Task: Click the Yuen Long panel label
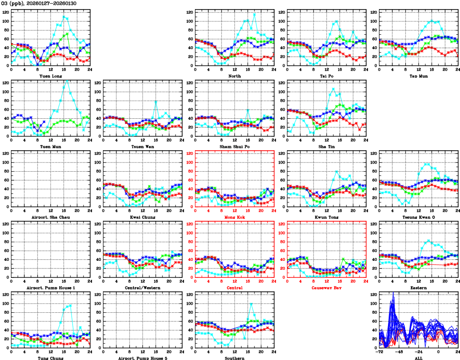(x=50, y=76)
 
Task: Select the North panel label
(x=234, y=76)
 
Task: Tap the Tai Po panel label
(x=326, y=76)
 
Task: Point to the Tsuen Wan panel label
(x=142, y=146)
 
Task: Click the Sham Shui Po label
(x=234, y=146)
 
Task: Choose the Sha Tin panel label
(x=326, y=146)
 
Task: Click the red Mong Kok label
(x=234, y=217)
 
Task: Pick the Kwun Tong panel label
(x=326, y=217)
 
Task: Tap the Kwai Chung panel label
(x=142, y=217)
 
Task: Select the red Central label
(x=234, y=288)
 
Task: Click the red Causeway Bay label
(x=326, y=288)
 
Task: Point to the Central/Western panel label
(x=142, y=288)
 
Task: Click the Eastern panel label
(x=418, y=288)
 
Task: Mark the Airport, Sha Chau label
(x=50, y=217)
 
